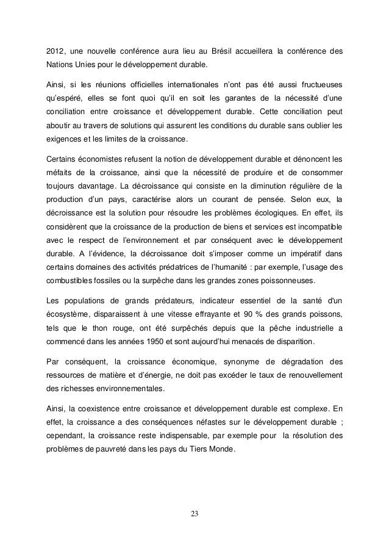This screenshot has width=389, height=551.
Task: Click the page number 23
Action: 194,512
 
